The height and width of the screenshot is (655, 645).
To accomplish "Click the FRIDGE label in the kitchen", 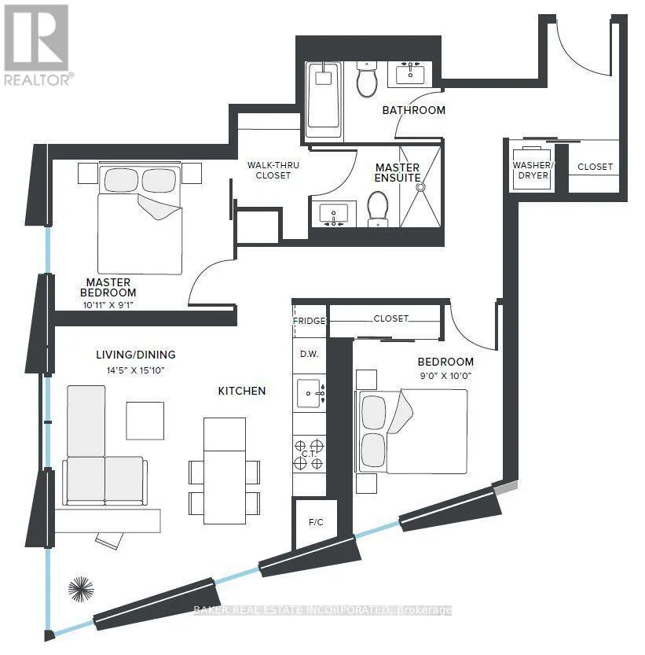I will [x=310, y=321].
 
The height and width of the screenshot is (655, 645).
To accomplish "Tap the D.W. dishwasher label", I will [x=309, y=354].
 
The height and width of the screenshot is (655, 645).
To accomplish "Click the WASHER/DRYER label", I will [x=533, y=171].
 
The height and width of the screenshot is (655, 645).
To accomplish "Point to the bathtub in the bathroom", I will [x=323, y=95].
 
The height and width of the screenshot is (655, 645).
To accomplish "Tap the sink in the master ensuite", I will [x=335, y=214].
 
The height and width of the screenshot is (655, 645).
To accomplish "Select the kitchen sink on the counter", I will [x=309, y=392].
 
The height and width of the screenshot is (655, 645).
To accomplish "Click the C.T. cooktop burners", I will [x=309, y=454].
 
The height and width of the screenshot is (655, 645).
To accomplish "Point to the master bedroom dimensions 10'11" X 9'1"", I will [x=108, y=305].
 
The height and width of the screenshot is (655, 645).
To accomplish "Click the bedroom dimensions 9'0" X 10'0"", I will [x=445, y=375].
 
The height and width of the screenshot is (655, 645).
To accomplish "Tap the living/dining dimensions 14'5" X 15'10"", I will [x=136, y=369].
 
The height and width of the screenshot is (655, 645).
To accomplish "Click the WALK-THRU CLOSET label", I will [x=269, y=170].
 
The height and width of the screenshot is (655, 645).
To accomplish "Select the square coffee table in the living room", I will [x=145, y=421].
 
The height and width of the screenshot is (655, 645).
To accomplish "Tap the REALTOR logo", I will [x=37, y=44].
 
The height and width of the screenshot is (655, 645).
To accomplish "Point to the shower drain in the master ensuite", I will [x=420, y=188].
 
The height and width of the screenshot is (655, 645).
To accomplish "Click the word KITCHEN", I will [x=242, y=391].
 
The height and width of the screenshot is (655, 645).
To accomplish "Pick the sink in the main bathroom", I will [x=409, y=75].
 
